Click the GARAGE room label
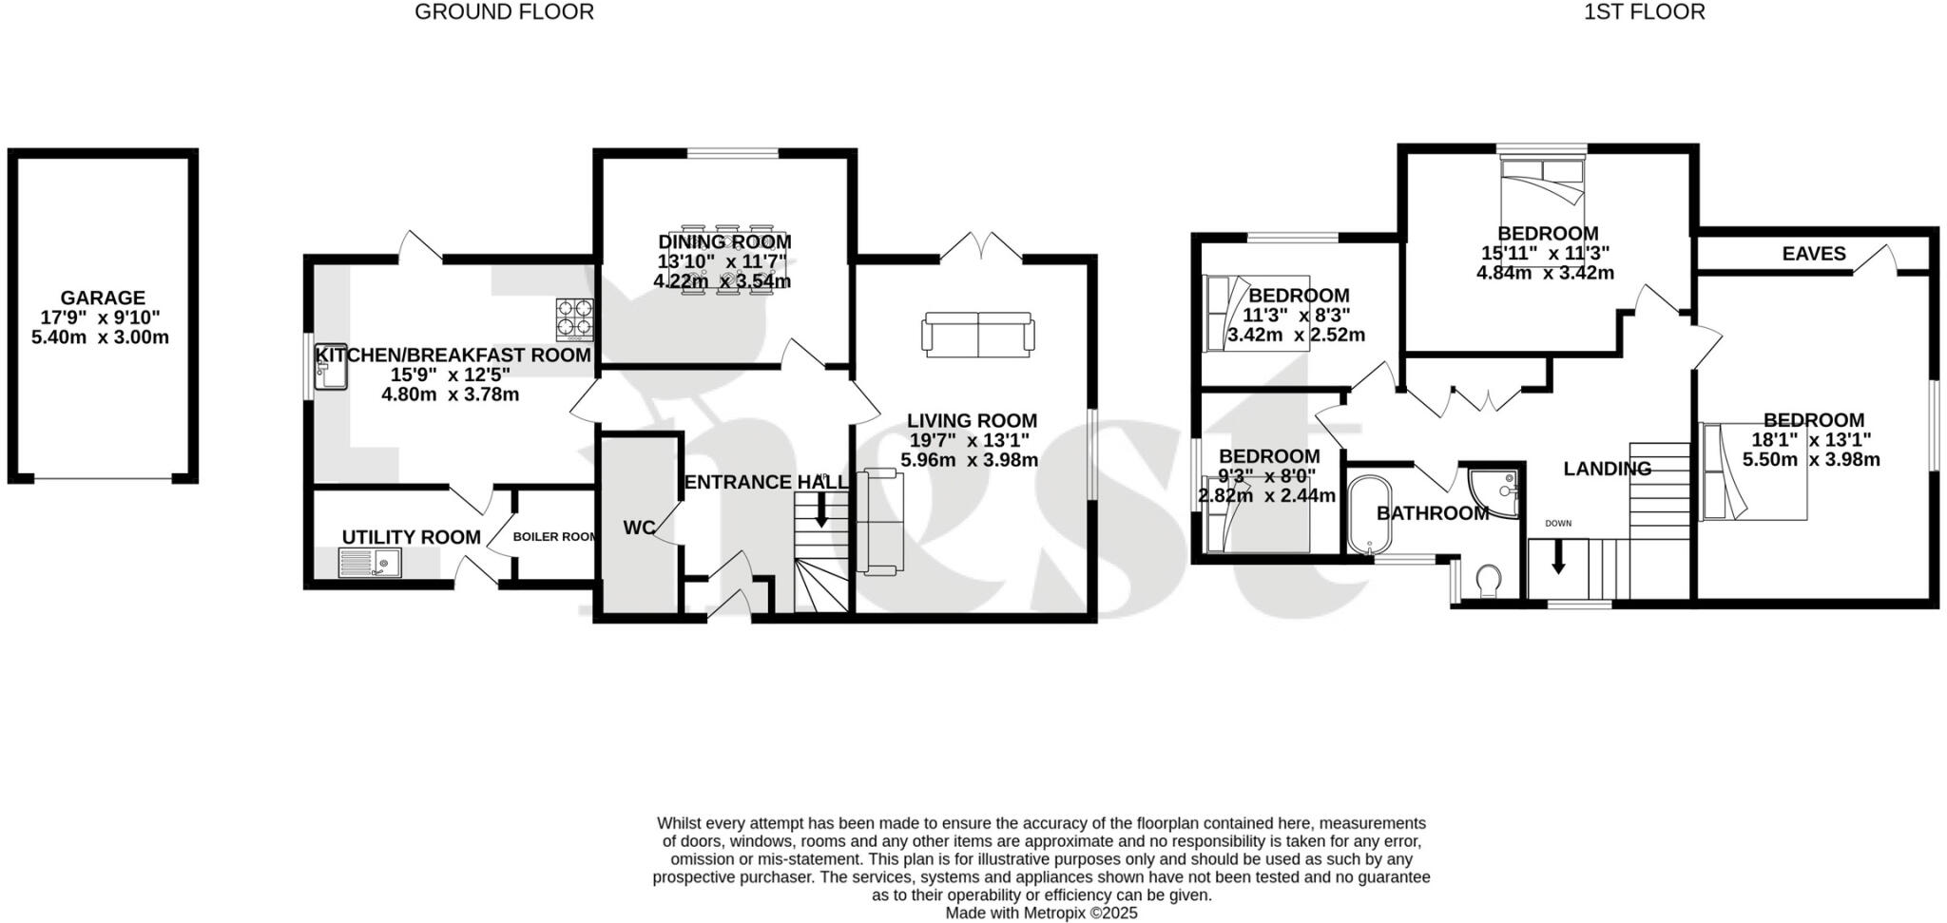point(104,298)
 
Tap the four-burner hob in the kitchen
point(574,318)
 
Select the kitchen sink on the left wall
point(331,367)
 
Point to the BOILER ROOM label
point(554,536)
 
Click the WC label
point(640,528)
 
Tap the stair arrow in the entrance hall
point(821,514)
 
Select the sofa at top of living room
point(977,335)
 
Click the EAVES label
point(1813,254)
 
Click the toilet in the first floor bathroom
point(1488,581)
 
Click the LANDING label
point(1607,469)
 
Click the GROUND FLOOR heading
point(504,12)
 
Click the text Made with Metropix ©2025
point(1041,913)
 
